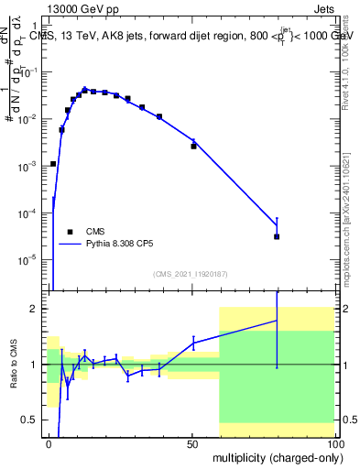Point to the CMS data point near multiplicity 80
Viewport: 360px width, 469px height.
(x=277, y=236)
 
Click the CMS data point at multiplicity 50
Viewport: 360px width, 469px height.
(x=193, y=146)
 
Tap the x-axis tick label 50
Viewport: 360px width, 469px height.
(x=192, y=443)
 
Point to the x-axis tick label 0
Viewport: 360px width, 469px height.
(x=49, y=443)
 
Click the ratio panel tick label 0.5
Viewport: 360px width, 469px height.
(x=34, y=420)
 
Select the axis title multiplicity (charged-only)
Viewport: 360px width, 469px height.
(x=274, y=457)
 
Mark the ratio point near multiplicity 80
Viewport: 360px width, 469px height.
(x=277, y=320)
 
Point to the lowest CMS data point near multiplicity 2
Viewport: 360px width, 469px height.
(x=53, y=163)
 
